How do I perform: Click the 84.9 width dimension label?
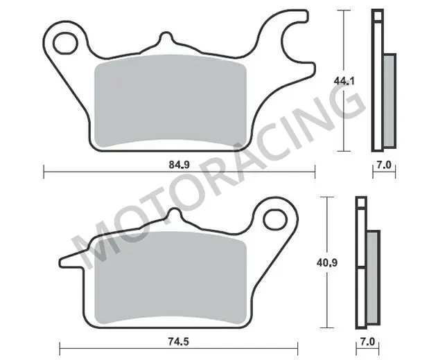179,165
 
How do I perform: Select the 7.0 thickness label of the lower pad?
367,341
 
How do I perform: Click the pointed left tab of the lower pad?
69,260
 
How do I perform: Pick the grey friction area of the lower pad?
166,277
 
